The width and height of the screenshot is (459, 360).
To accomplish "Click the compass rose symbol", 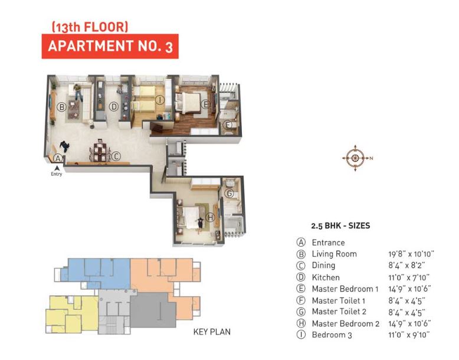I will tap(355, 158).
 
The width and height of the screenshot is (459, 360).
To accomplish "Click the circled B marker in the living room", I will tap(61, 107).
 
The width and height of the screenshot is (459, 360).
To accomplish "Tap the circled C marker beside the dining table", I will tap(116, 156).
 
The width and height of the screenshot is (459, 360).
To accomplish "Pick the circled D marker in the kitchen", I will tap(113, 107).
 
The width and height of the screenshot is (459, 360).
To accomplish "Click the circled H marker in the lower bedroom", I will tap(201, 219).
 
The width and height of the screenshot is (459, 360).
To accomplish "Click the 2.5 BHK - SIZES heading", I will tap(340, 225).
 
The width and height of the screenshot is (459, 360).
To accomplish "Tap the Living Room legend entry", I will tap(334, 254).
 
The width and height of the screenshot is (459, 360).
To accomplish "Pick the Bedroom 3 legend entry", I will tap(332, 335).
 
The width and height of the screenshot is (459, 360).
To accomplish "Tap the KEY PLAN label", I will tap(212, 332).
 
